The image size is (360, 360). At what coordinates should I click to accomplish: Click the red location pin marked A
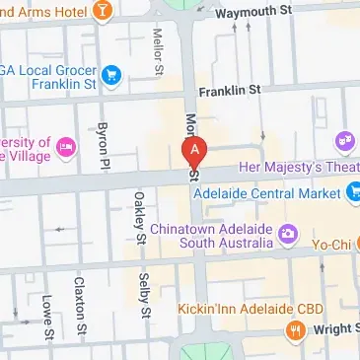(x=195, y=152)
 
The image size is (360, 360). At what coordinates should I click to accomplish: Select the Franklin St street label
(x=229, y=90)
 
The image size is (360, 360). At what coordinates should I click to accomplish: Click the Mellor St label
(x=158, y=49)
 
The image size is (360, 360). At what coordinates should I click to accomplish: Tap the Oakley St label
(x=139, y=219)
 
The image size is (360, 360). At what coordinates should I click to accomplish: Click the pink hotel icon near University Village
(x=66, y=147)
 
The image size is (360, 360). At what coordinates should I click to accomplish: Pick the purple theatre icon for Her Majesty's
(x=346, y=142)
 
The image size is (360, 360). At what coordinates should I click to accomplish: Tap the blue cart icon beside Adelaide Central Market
(x=353, y=193)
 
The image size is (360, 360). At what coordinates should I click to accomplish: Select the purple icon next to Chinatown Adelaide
(x=288, y=235)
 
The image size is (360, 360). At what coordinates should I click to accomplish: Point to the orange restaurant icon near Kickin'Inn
(x=293, y=329)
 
